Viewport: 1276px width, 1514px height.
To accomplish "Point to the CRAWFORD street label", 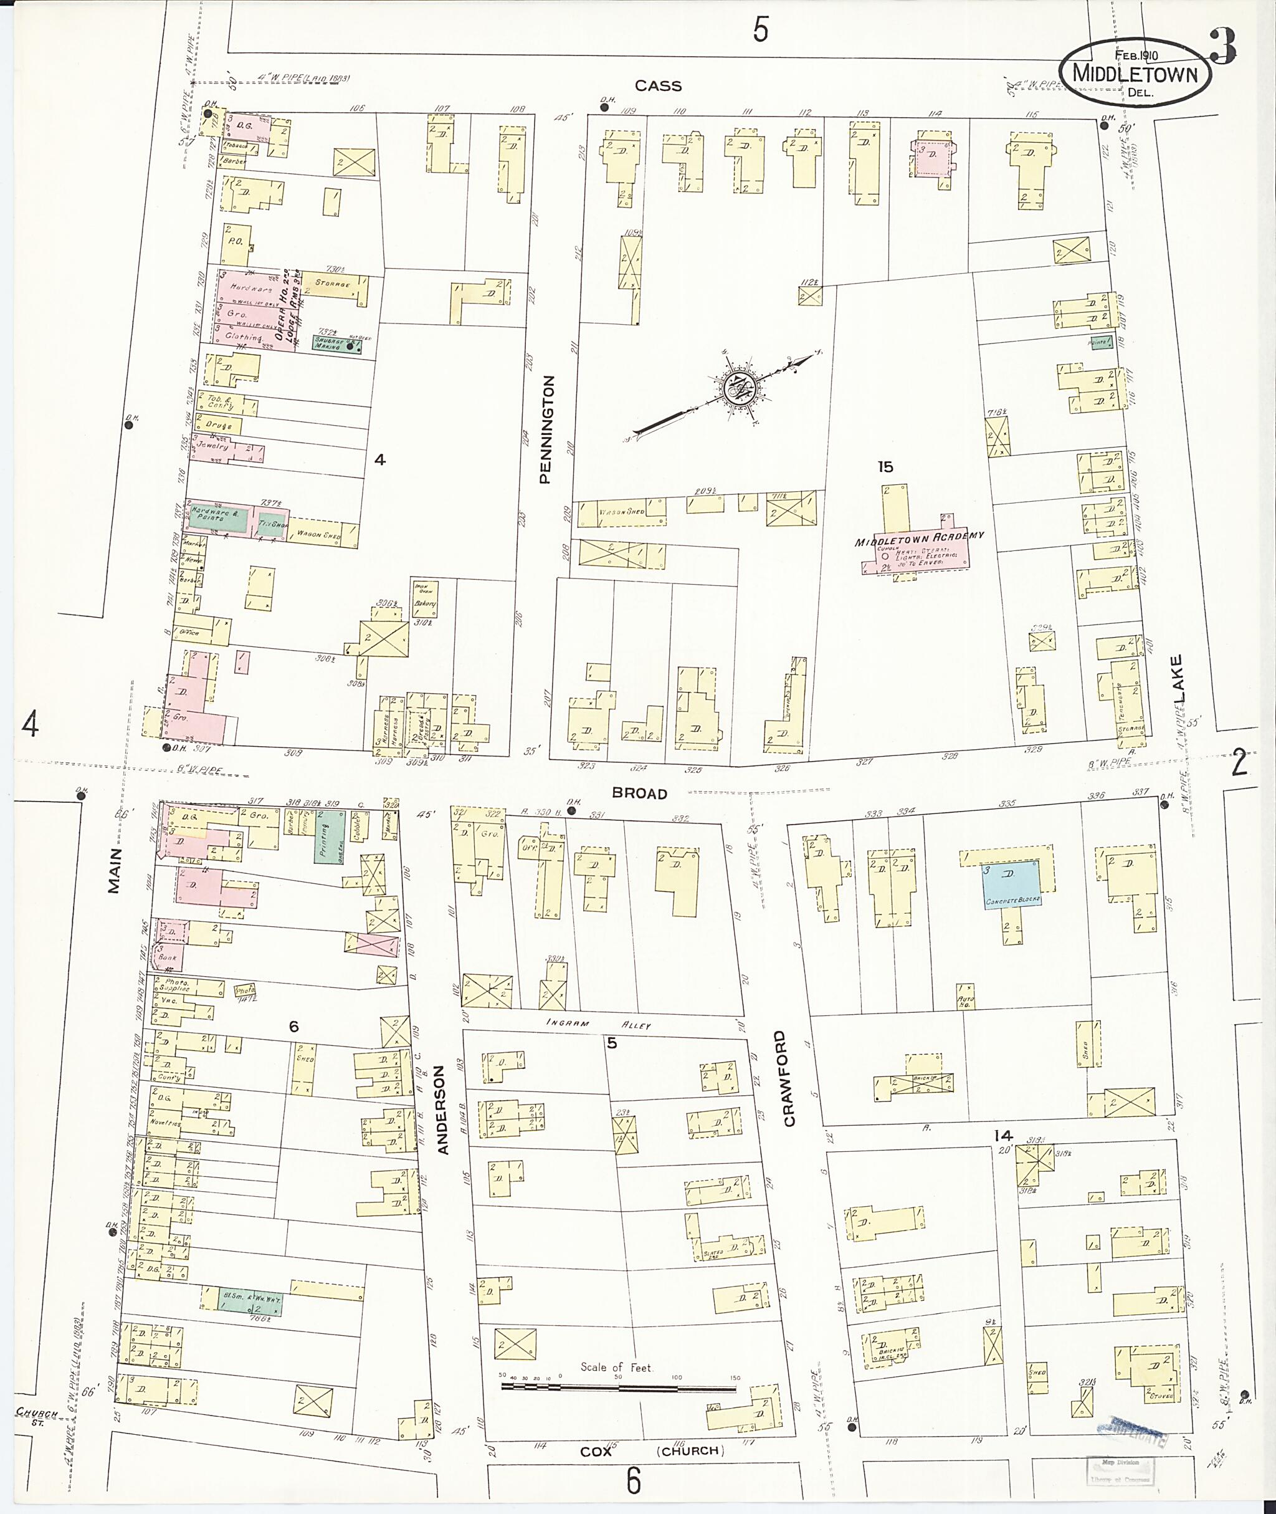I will pyautogui.click(x=789, y=1078).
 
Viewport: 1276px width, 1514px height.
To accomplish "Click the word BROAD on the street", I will pyautogui.click(x=639, y=794).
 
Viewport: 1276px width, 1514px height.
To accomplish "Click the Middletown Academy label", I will pyautogui.click(x=920, y=538).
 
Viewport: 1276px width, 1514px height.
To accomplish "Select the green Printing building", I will pyautogui.click(x=330, y=835).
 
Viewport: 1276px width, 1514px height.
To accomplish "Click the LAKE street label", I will pyautogui.click(x=1178, y=678).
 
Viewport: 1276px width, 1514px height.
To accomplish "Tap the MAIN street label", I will pyautogui.click(x=114, y=871).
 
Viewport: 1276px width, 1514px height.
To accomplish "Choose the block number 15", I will pyautogui.click(x=885, y=467).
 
